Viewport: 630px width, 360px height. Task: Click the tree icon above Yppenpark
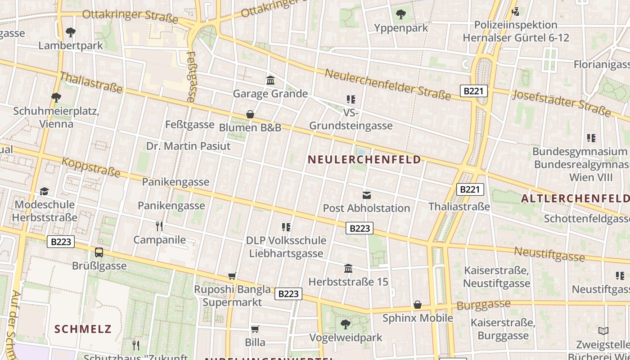click(x=400, y=14)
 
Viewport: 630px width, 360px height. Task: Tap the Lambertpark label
click(x=71, y=45)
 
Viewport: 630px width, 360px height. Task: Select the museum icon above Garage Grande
click(x=270, y=81)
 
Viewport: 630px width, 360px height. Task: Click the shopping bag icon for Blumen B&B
click(x=250, y=114)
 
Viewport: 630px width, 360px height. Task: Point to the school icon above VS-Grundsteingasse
click(x=351, y=99)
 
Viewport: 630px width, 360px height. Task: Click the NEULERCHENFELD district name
click(x=364, y=159)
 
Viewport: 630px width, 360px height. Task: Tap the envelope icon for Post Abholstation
click(x=367, y=195)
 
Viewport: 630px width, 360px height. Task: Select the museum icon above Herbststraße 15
click(x=348, y=269)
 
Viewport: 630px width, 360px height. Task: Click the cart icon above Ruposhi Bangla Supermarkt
click(x=232, y=276)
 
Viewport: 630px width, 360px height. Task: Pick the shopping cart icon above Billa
click(x=255, y=329)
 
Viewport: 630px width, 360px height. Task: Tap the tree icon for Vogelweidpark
click(x=345, y=324)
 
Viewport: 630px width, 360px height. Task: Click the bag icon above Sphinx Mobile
click(x=418, y=305)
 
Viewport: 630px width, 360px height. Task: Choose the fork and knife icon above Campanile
click(x=159, y=226)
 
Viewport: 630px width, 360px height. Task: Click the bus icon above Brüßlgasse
click(x=99, y=252)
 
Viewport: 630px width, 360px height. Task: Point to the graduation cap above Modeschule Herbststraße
click(x=44, y=192)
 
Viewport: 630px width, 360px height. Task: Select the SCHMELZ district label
click(x=83, y=329)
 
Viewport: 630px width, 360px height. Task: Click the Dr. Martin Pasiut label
click(x=188, y=146)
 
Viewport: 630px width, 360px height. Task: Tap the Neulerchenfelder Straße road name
click(x=387, y=84)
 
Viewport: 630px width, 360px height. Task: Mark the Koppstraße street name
click(x=91, y=166)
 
